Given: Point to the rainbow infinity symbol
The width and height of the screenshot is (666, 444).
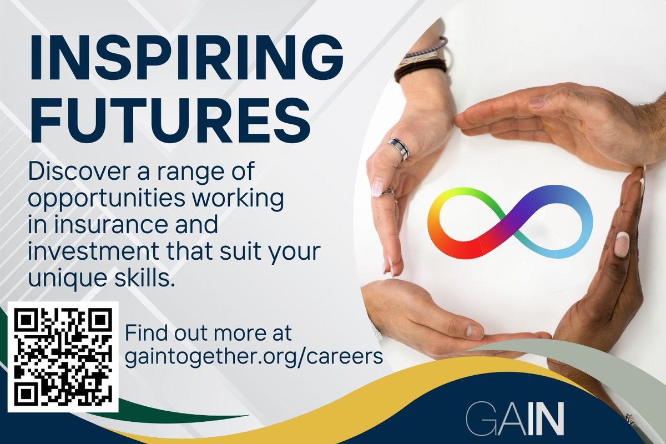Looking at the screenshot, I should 510,222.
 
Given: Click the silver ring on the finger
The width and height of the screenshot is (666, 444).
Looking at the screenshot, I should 398,149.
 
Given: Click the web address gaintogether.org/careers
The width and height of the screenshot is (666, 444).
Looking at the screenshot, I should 254,356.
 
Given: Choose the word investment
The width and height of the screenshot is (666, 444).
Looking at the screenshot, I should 94,251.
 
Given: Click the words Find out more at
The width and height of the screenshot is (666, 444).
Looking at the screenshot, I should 208,334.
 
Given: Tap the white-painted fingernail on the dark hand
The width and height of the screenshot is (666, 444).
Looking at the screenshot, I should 622,244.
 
